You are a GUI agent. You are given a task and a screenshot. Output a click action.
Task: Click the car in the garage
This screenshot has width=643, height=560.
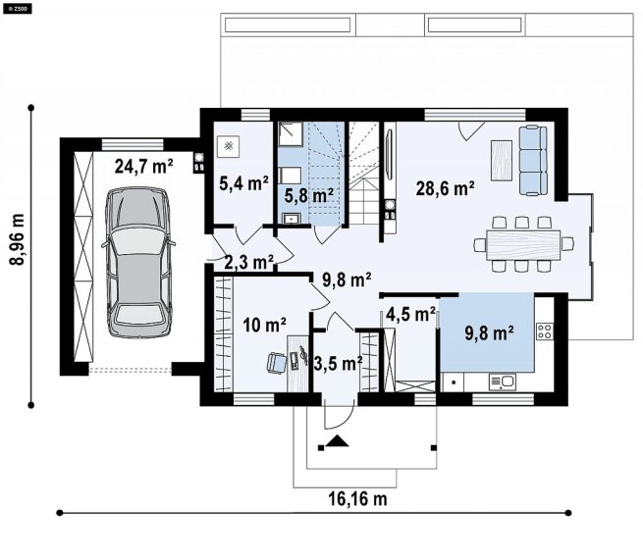[x=138, y=262]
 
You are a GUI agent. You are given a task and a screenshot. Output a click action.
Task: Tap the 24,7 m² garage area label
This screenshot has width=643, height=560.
[x=144, y=167]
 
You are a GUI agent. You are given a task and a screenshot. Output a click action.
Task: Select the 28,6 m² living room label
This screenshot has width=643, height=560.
[x=446, y=188]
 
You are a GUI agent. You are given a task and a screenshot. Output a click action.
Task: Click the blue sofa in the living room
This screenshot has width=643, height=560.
[x=533, y=160]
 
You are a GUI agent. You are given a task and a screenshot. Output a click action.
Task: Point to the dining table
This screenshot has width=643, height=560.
[x=523, y=245]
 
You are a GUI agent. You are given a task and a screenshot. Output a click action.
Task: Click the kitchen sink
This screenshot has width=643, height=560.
[x=503, y=382]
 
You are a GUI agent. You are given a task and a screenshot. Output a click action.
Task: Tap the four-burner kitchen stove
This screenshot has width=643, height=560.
[x=545, y=331]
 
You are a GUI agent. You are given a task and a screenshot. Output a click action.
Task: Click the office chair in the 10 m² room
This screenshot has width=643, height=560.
[x=277, y=363]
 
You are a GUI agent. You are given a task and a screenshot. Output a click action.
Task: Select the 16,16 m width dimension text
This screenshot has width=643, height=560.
[x=357, y=499]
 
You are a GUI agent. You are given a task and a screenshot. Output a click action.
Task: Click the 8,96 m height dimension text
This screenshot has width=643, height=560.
[x=18, y=239]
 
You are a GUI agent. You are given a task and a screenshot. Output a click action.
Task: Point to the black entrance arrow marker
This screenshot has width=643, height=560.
[x=337, y=440]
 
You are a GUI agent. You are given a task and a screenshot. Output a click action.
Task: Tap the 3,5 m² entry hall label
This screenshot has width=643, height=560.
[x=338, y=363]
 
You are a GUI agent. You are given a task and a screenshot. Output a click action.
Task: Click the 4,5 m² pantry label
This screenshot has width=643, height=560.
[x=410, y=314]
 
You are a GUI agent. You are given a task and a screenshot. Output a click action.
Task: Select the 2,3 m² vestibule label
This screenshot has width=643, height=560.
[x=249, y=262]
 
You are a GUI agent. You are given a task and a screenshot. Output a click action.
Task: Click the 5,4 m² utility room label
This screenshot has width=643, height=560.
[x=244, y=183]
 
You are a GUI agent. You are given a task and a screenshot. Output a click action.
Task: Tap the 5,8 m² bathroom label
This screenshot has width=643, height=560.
[x=309, y=195]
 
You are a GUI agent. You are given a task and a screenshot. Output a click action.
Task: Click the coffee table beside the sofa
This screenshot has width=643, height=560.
[x=502, y=160]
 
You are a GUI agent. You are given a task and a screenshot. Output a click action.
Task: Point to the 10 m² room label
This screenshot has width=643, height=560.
[x=264, y=325]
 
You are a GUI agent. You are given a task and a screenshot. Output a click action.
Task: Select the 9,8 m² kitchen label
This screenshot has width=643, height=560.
[x=489, y=333]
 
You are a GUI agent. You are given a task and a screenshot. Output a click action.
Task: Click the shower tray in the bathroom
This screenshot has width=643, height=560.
[x=291, y=134]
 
